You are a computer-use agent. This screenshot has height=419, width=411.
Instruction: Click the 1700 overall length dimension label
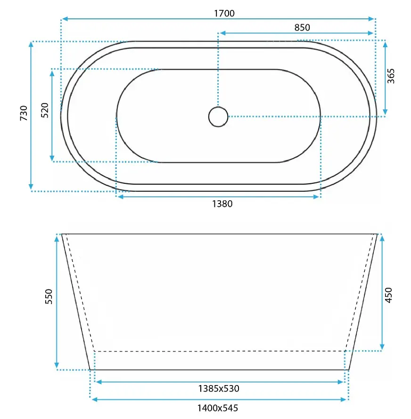pos(224,13)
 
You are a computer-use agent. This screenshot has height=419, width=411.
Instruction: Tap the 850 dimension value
pos(302,27)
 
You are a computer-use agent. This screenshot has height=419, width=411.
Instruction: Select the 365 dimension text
pos(391,76)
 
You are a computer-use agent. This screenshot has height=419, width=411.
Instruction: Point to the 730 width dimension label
pos(24,113)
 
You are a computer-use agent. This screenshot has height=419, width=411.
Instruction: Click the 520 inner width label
pos(45,110)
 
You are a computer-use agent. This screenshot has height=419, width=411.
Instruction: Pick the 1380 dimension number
pos(222,204)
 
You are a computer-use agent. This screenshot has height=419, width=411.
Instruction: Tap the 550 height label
pos(49,296)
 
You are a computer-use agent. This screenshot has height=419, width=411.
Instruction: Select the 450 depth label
pos(388,295)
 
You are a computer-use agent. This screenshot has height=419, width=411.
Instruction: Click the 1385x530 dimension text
pos(219,388)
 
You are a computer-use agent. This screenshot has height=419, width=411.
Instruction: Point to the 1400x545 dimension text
pos(218,408)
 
